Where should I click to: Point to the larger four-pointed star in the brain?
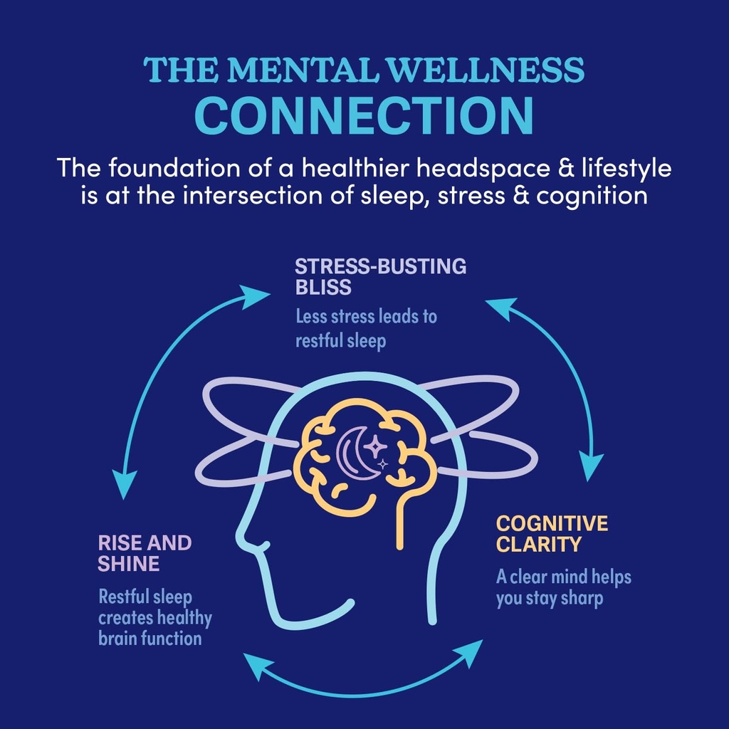pos(375,447)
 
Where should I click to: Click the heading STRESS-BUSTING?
pos(381,267)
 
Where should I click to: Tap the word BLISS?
pos(323,287)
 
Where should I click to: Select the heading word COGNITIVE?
pos(552,524)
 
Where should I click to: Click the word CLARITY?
pos(539,545)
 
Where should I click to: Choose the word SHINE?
pos(128,564)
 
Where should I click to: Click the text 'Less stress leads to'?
pos(366,317)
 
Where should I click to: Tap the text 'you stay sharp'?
pos(549,598)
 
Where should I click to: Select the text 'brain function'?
pos(150,638)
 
